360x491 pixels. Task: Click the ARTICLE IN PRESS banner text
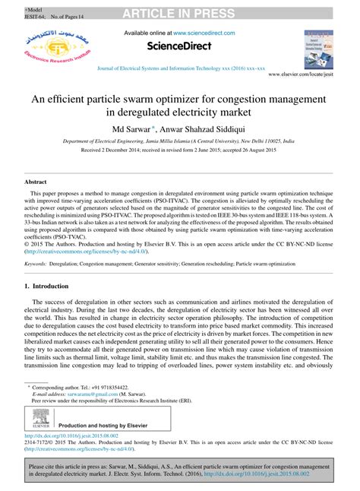(180, 8)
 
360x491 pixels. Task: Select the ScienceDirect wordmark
(179, 49)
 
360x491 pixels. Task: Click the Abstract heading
(36, 183)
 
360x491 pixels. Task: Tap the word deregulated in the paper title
(181, 112)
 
